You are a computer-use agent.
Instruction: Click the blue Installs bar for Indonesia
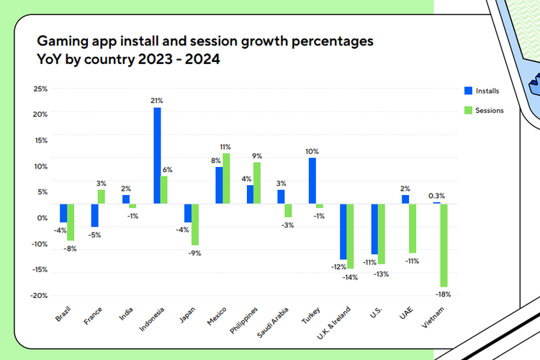157,155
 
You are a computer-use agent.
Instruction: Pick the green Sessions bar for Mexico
227,178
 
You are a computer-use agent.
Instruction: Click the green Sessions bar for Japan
195,224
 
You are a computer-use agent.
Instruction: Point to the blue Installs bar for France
94,215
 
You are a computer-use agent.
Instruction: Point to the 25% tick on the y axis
40,89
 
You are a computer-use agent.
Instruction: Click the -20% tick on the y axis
38,295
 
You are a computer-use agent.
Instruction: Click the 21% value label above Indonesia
157,100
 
